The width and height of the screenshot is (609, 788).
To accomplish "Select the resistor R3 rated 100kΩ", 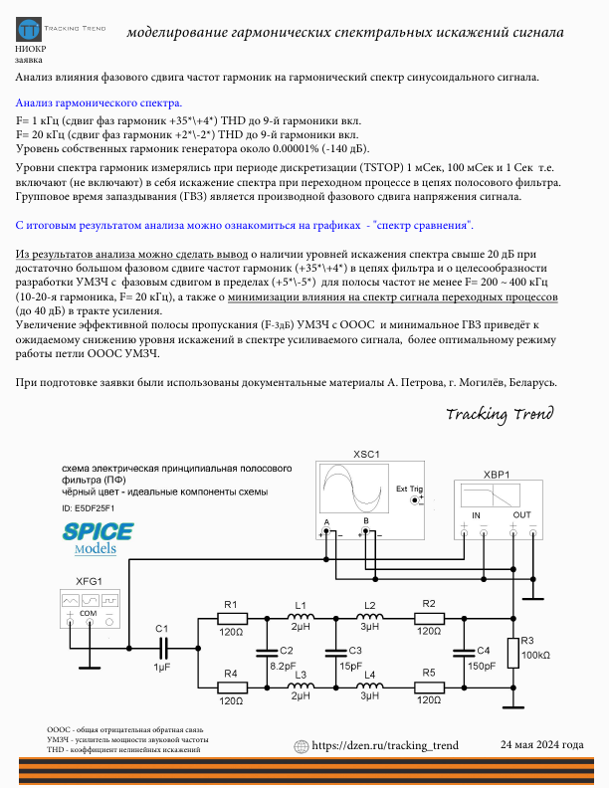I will [x=513, y=653].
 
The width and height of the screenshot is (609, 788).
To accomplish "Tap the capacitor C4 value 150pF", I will [x=481, y=666].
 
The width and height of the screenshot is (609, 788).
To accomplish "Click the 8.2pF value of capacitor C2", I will [x=284, y=666].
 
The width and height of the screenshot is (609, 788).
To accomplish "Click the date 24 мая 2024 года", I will [x=541, y=745].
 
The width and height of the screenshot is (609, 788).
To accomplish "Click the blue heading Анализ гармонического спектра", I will [x=99, y=102].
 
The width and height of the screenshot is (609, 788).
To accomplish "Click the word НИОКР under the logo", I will [x=31, y=48].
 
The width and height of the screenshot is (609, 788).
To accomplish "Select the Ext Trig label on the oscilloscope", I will [x=409, y=489].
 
